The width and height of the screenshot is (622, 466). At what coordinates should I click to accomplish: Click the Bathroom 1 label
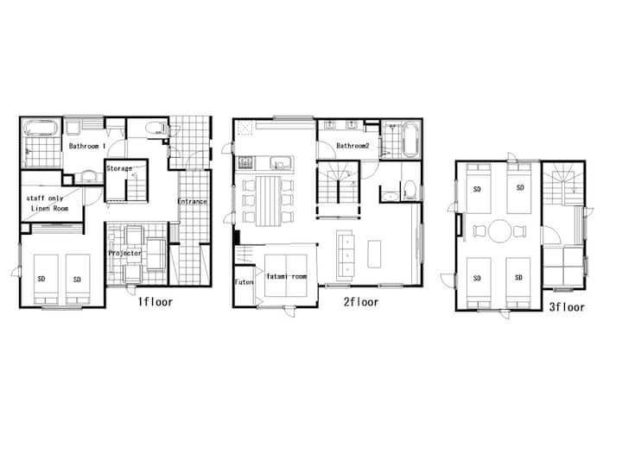pyautogui.click(x=87, y=146)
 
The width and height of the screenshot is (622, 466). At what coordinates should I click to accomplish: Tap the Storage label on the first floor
pyautogui.click(x=119, y=168)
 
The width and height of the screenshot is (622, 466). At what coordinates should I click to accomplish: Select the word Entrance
pyautogui.click(x=193, y=201)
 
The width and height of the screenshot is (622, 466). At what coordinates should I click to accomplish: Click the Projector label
pyautogui.click(x=125, y=253)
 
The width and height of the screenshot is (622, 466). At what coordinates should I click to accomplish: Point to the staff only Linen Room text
pyautogui.click(x=48, y=203)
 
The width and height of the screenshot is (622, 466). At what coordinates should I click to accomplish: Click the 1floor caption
pyautogui.click(x=155, y=302)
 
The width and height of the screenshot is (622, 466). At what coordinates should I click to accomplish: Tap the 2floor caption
pyautogui.click(x=361, y=302)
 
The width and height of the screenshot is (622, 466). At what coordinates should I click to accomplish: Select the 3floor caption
pyautogui.click(x=567, y=307)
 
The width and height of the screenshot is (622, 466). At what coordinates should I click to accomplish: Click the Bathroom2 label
pyautogui.click(x=352, y=146)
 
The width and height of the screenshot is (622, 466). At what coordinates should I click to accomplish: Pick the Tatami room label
pyautogui.click(x=287, y=276)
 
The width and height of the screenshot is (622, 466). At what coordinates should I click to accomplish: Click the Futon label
pyautogui.click(x=244, y=282)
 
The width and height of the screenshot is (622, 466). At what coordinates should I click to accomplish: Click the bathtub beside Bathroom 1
pyautogui.click(x=41, y=129)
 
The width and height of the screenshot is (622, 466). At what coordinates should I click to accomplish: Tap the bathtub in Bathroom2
pyautogui.click(x=409, y=140)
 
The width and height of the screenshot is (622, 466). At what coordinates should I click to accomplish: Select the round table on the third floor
pyautogui.click(x=499, y=231)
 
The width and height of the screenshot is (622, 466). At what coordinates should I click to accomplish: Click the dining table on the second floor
pyautogui.click(x=268, y=201)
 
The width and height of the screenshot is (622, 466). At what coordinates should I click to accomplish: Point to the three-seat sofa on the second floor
pyautogui.click(x=345, y=255)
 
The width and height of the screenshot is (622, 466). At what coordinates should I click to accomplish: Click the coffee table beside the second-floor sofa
pyautogui.click(x=374, y=254)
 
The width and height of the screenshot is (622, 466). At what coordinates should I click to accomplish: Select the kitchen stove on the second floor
pyautogui.click(x=245, y=162)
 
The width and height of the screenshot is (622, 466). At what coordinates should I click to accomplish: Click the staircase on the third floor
pyautogui.click(x=563, y=184)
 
